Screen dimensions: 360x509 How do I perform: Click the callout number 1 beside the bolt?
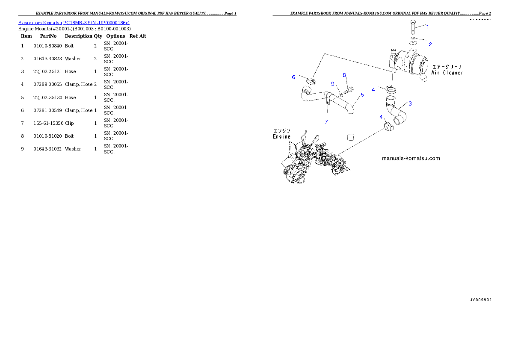coord(427,27)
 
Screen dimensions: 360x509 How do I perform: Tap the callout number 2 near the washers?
coord(430,44)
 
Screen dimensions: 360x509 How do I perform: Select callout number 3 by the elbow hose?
coord(410,103)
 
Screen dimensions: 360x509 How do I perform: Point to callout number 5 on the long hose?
coord(362,94)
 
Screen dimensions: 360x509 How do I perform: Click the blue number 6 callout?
coord(293,77)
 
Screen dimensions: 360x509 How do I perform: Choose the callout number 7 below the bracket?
coord(326,122)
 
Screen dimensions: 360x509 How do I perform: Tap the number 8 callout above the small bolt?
coord(344,75)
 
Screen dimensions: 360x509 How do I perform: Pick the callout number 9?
coord(332,83)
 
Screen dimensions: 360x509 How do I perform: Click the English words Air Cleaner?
coord(447,73)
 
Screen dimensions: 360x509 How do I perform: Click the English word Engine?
coord(281,137)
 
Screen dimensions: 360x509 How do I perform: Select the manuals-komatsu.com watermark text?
coord(410,158)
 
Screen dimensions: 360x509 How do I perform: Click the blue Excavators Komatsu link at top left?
coord(74,23)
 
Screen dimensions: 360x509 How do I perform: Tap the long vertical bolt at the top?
coord(412,28)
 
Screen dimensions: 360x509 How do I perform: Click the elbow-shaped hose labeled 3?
coord(396,112)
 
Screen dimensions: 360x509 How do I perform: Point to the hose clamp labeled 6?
coord(311,80)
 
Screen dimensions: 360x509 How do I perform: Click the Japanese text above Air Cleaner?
coord(448,67)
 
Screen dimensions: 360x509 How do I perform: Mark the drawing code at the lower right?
coord(480,300)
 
